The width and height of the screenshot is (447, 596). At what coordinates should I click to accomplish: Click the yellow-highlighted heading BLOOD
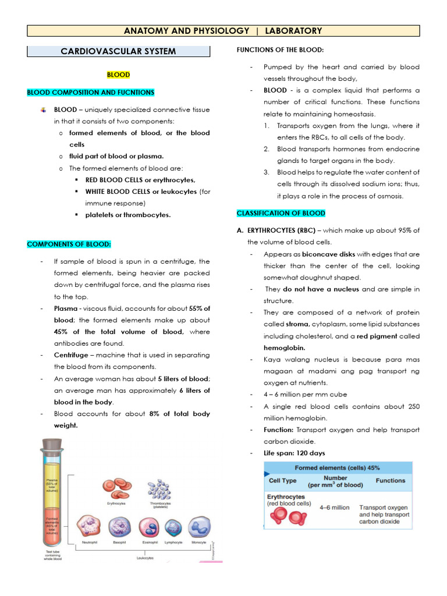(x=118, y=75)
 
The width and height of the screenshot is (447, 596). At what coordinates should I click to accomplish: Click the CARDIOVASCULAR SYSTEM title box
(x=118, y=51)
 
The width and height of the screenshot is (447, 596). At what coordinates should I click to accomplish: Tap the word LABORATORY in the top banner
(x=293, y=31)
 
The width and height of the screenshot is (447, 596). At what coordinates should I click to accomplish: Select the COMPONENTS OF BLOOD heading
(x=69, y=244)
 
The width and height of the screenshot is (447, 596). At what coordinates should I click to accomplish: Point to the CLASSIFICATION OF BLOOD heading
(x=281, y=213)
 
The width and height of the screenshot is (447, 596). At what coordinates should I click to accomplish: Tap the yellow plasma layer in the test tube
(x=53, y=484)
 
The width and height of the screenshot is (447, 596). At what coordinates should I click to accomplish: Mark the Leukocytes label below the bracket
(x=146, y=558)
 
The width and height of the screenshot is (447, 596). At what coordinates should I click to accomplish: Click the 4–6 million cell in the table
(x=335, y=508)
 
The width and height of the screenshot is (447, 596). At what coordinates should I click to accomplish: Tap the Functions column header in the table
(x=390, y=481)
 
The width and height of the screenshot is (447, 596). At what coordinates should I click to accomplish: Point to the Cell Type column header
(x=282, y=481)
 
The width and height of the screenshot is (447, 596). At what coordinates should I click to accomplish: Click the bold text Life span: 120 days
(x=295, y=453)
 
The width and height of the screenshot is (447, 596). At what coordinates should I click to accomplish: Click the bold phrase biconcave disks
(x=328, y=254)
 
